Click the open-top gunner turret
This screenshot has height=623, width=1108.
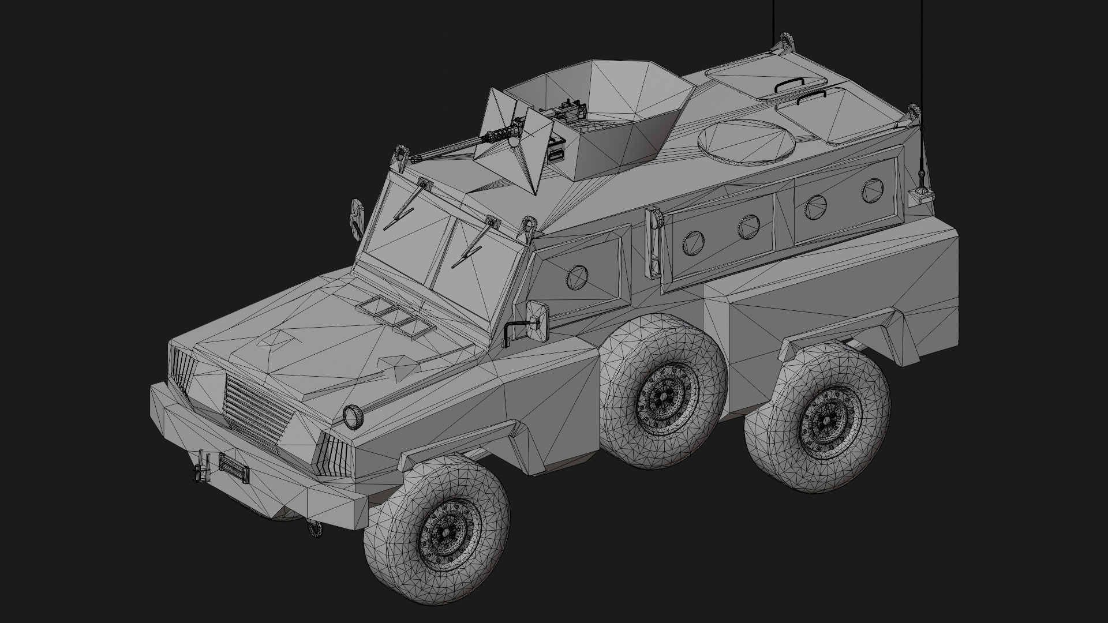pos(600,115)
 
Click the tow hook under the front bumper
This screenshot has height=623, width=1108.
pos(315,528)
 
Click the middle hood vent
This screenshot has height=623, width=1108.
pos(394,314)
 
